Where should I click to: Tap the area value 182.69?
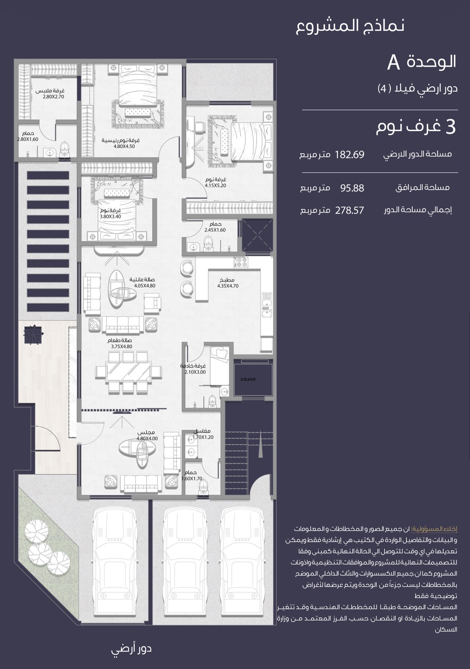click(x=349, y=155)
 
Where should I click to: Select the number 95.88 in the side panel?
click(x=352, y=188)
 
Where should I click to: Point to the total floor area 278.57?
click(x=349, y=210)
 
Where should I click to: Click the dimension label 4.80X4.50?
click(x=124, y=146)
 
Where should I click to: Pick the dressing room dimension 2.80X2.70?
click(x=53, y=97)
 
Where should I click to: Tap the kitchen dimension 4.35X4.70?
click(x=228, y=286)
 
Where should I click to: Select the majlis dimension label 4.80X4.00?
click(x=147, y=439)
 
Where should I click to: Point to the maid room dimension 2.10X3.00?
click(x=195, y=372)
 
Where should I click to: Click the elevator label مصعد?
click(x=248, y=379)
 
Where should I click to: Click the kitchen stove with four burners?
click(x=241, y=262)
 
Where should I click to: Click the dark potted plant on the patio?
click(x=33, y=335)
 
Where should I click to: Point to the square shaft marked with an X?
click(x=257, y=235)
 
